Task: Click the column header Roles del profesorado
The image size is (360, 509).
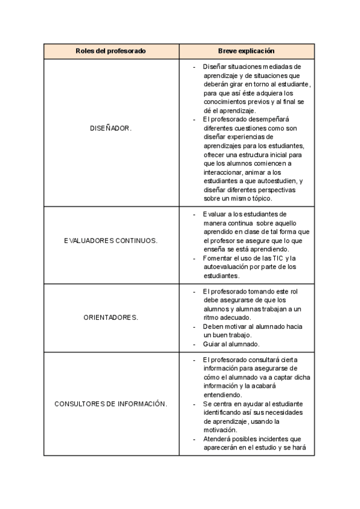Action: tap(110, 51)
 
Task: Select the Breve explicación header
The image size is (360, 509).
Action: tap(246, 51)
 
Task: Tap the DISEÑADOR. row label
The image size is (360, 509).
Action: tap(110, 128)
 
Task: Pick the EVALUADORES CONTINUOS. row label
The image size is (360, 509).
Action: tap(110, 241)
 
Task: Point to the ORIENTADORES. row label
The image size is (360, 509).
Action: tap(110, 318)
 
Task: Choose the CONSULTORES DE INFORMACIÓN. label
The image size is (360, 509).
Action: tap(110, 404)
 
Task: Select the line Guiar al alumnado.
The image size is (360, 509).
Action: tap(231, 344)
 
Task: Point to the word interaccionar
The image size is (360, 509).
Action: tap(222, 172)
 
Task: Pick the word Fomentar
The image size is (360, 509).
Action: tap(218, 258)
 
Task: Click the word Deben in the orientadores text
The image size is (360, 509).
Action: tap(213, 327)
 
